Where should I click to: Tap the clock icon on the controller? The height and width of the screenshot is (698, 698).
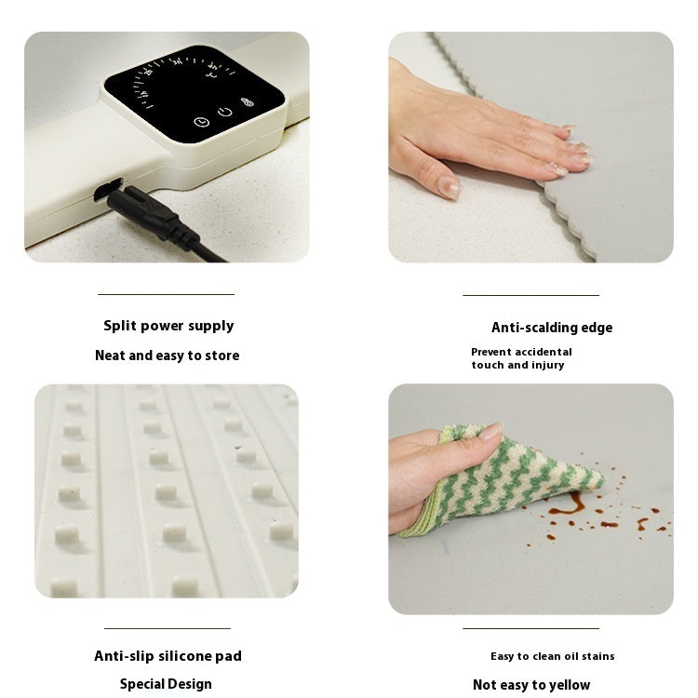tap(201, 122)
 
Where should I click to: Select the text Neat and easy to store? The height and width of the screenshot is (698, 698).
tap(167, 356)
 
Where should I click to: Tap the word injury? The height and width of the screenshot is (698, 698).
tap(546, 365)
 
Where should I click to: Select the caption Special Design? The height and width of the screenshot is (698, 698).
tap(166, 684)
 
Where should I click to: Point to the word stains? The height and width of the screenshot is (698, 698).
tap(596, 656)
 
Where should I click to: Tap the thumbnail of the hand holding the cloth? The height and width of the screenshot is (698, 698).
tap(530, 499)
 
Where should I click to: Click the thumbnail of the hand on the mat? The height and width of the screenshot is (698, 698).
tap(530, 147)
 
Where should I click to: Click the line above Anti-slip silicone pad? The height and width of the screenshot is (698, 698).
tap(167, 628)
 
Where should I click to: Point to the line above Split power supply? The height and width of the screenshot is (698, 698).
tap(166, 295)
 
